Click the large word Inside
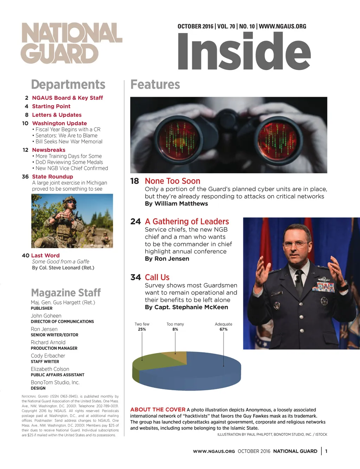(244, 51)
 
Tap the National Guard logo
(72, 43)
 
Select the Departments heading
(68, 85)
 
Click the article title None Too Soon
(172, 181)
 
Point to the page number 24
(135, 221)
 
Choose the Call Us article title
(157, 277)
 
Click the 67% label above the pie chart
(224, 329)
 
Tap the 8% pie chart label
(175, 329)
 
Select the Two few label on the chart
(142, 324)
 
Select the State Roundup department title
(52, 176)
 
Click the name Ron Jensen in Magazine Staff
(44, 329)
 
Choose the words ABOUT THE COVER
(157, 410)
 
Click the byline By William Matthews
(176, 204)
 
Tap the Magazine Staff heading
(66, 293)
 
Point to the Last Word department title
(45, 256)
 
